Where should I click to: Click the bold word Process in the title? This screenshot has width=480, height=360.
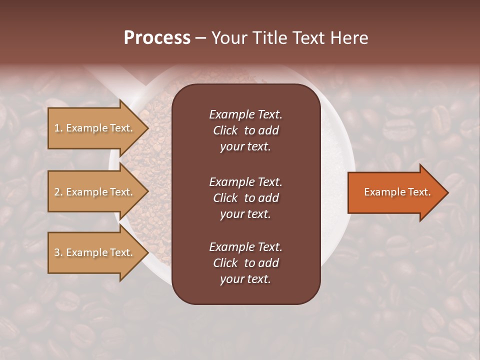tap(157, 38)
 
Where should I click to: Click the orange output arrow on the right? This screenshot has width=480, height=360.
tap(395, 192)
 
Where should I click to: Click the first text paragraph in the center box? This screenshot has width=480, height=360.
tap(245, 130)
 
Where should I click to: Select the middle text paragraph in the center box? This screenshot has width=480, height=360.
tap(245, 197)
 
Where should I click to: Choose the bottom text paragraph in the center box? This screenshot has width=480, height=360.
tap(245, 263)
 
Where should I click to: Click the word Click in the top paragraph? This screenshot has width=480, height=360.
tap(225, 130)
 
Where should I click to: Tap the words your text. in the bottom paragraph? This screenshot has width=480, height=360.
tap(245, 279)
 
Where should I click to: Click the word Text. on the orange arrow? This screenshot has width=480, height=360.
tap(418, 192)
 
